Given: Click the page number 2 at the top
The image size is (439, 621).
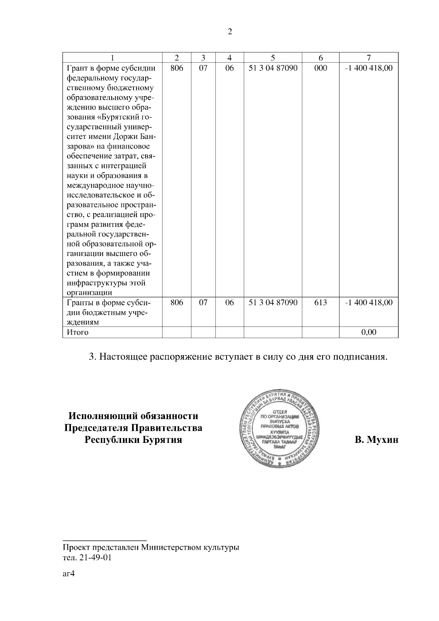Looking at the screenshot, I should tap(230, 32).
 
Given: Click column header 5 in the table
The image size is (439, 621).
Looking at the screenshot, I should tap(273, 58).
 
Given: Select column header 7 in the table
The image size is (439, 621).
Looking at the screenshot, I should tap(369, 58).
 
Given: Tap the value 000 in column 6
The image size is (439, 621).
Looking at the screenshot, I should tap(320, 68).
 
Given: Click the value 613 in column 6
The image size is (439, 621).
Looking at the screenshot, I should tap(320, 302).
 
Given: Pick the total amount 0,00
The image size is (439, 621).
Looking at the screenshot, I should tap(369, 332).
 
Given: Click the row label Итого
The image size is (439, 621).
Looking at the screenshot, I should tap(77, 332).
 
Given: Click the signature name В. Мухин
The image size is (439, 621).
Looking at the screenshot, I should tap(376, 440).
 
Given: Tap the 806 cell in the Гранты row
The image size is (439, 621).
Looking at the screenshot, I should tap(177, 302).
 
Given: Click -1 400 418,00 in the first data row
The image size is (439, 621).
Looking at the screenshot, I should tap(369, 68).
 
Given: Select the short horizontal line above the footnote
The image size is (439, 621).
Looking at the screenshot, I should tap(105, 540).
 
